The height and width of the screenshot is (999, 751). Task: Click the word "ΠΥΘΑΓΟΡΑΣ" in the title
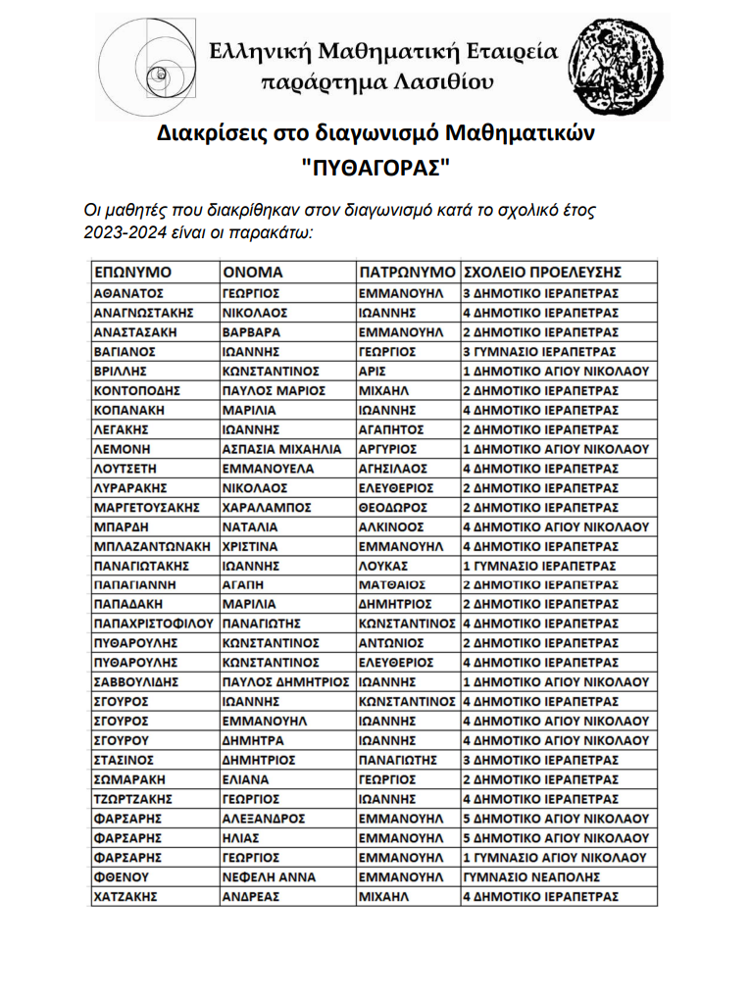click(x=376, y=166)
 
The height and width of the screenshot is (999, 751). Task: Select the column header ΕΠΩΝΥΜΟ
click(x=132, y=272)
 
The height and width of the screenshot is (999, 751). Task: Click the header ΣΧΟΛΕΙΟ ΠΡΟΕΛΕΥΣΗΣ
click(x=542, y=272)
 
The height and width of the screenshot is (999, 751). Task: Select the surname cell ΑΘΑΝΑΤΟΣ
click(x=127, y=293)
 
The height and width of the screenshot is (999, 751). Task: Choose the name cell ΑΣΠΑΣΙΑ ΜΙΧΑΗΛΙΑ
click(x=281, y=449)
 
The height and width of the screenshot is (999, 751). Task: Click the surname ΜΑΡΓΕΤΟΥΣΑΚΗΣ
click(x=146, y=507)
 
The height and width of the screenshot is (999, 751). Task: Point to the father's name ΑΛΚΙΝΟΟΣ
click(x=390, y=526)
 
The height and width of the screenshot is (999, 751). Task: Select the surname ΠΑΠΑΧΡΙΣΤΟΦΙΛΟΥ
click(x=153, y=624)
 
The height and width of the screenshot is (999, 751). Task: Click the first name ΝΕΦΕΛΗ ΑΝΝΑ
click(x=267, y=876)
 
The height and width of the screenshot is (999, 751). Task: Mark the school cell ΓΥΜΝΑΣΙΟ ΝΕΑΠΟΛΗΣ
click(x=525, y=876)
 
